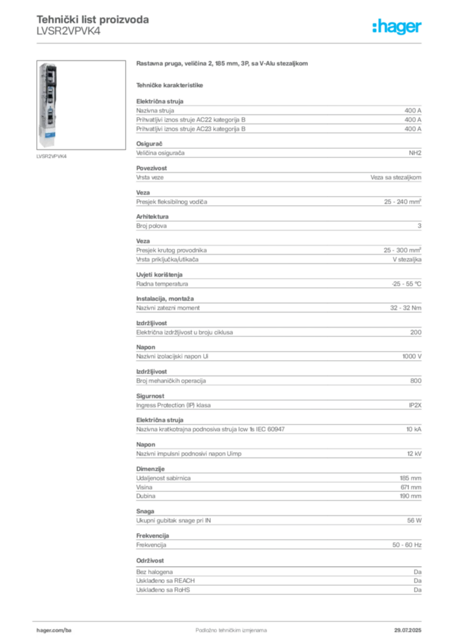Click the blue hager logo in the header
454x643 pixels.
(398, 27)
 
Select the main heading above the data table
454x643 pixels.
(223, 65)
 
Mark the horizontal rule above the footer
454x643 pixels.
(231, 618)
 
